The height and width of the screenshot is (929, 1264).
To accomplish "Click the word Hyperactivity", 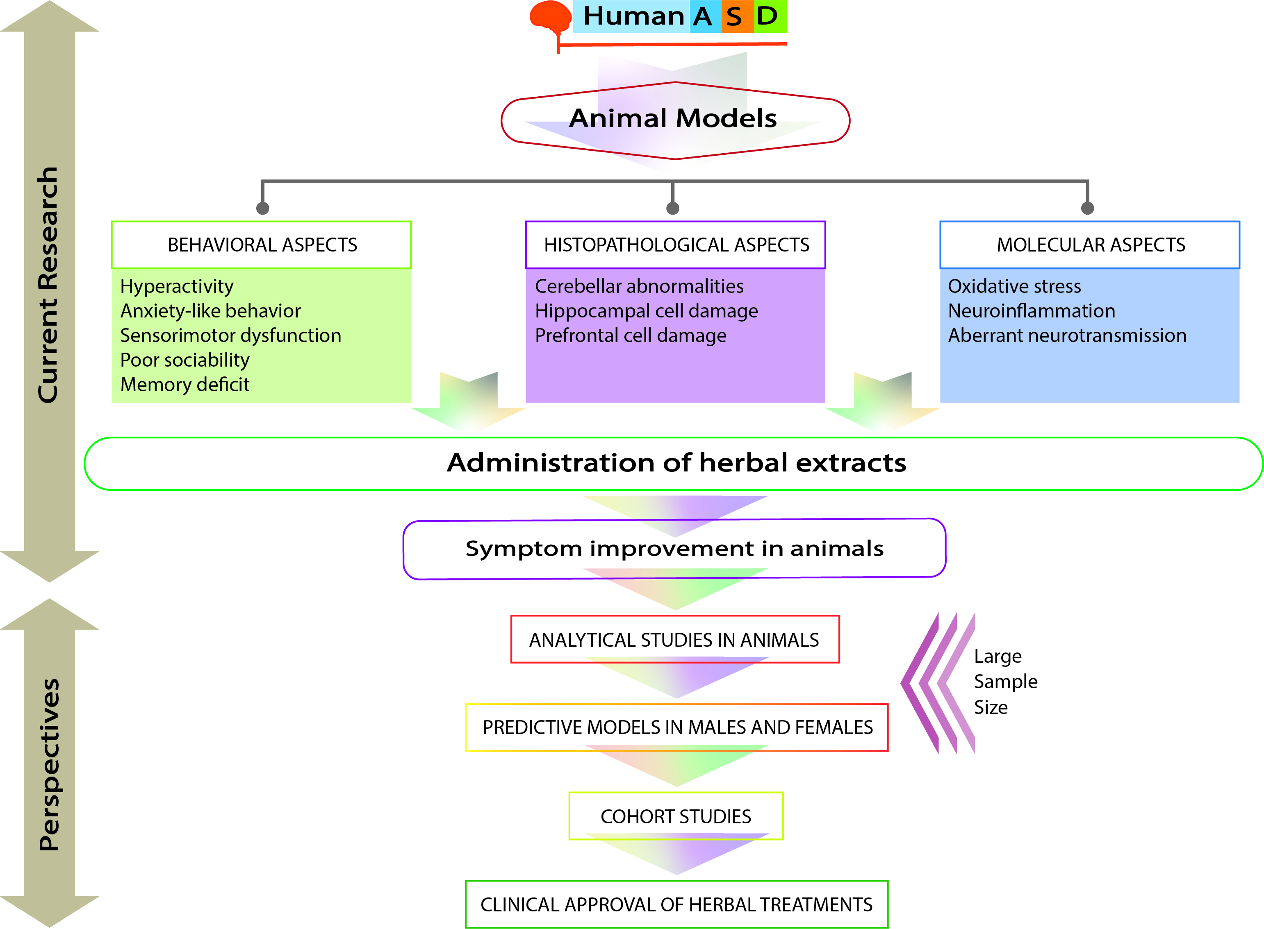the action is pos(177,287).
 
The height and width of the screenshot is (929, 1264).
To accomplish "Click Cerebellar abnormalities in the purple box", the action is pos(639,286).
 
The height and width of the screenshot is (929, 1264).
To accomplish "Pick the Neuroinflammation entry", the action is pos(1031,311).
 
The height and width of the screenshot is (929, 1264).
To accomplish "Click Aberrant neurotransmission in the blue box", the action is pos(1067,336).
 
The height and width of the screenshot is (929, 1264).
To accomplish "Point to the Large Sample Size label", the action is pos(1006,682).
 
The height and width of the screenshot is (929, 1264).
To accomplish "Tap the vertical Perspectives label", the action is pos(50,764).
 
